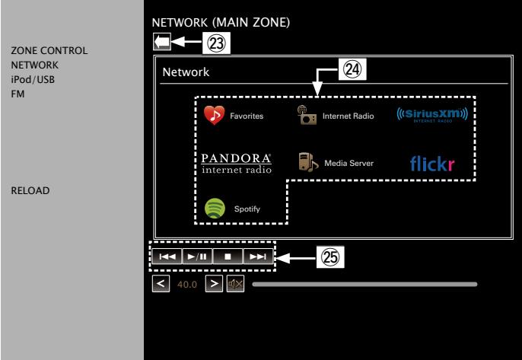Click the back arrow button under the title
click(162, 42)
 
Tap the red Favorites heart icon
click(214, 115)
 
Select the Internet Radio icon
click(307, 115)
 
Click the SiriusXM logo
click(432, 115)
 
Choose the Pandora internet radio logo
click(236, 163)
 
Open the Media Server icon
click(308, 162)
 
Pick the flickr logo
click(432, 164)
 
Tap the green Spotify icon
click(215, 209)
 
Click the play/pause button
click(197, 256)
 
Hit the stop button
click(228, 256)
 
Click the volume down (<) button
click(161, 284)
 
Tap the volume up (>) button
click(214, 284)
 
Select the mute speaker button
click(235, 284)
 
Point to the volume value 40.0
click(187, 285)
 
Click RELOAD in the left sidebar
click(30, 190)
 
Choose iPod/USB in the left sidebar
click(33, 80)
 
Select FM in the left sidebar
click(18, 94)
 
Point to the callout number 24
click(352, 69)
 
